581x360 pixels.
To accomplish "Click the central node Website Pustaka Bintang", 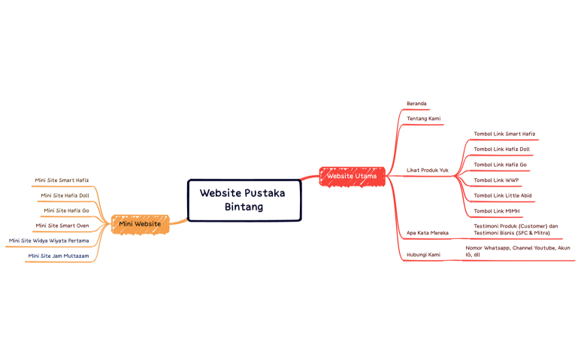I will (x=244, y=200).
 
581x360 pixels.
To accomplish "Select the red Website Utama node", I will (x=352, y=176).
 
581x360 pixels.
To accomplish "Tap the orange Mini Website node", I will (x=140, y=223).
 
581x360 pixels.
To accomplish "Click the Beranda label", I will (x=417, y=103).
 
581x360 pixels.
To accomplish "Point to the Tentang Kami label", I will (x=423, y=119).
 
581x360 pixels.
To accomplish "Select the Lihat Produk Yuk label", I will (x=427, y=170).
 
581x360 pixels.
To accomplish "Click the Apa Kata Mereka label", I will (x=427, y=233).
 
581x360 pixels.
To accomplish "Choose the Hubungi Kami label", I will (x=423, y=255).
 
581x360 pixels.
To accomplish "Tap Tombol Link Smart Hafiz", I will (x=504, y=134).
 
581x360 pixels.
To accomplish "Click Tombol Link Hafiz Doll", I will (x=501, y=149).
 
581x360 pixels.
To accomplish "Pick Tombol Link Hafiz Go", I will (x=500, y=165).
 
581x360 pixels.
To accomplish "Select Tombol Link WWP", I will (x=496, y=180).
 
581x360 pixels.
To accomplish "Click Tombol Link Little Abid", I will (x=502, y=195).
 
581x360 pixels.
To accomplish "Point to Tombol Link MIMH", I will (x=497, y=211).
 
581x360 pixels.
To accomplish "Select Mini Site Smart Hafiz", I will (x=62, y=180).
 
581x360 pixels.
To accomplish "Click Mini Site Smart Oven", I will (x=62, y=225).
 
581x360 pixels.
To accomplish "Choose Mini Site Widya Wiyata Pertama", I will (x=48, y=241).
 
